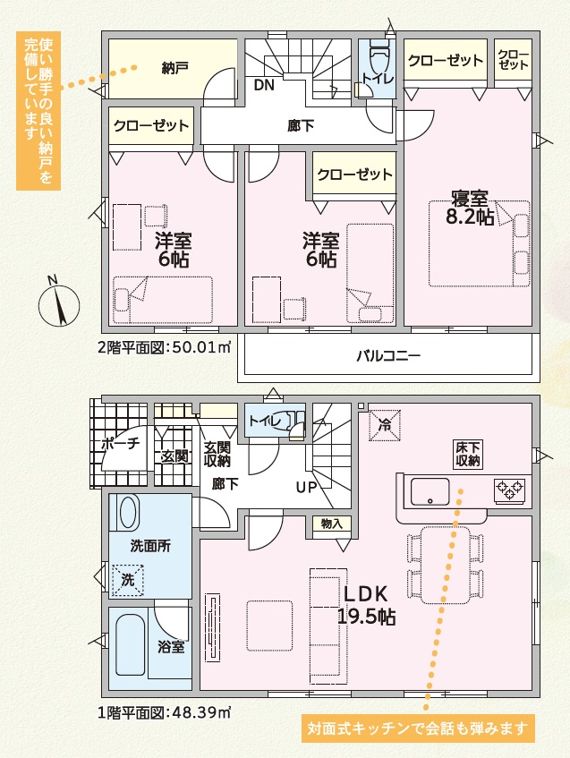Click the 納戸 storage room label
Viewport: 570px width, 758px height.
coord(174,68)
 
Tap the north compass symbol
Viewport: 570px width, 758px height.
coord(59,302)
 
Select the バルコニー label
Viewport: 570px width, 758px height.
coord(388,356)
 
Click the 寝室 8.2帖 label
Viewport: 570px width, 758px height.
coord(470,209)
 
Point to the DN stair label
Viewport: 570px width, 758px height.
coord(264,85)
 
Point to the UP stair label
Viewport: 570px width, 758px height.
coord(306,487)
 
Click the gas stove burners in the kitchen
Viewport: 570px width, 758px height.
coord(509,490)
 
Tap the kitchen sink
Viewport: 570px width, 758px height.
coord(430,491)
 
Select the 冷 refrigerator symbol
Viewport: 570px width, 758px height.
coord(385,425)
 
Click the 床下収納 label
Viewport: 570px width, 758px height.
coord(467,454)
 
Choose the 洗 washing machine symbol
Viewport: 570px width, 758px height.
coord(128,580)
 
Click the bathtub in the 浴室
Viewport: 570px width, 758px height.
coord(131,645)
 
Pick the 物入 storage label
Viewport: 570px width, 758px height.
coord(331,523)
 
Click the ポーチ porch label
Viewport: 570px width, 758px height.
coord(121,443)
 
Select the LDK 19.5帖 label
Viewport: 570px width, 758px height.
coord(366,605)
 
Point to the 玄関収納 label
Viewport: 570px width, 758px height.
coord(217,454)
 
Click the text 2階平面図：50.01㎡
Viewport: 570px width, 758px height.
coord(165,347)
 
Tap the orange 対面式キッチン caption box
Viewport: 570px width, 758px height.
coord(418,728)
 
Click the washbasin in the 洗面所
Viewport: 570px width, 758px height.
coord(128,512)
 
